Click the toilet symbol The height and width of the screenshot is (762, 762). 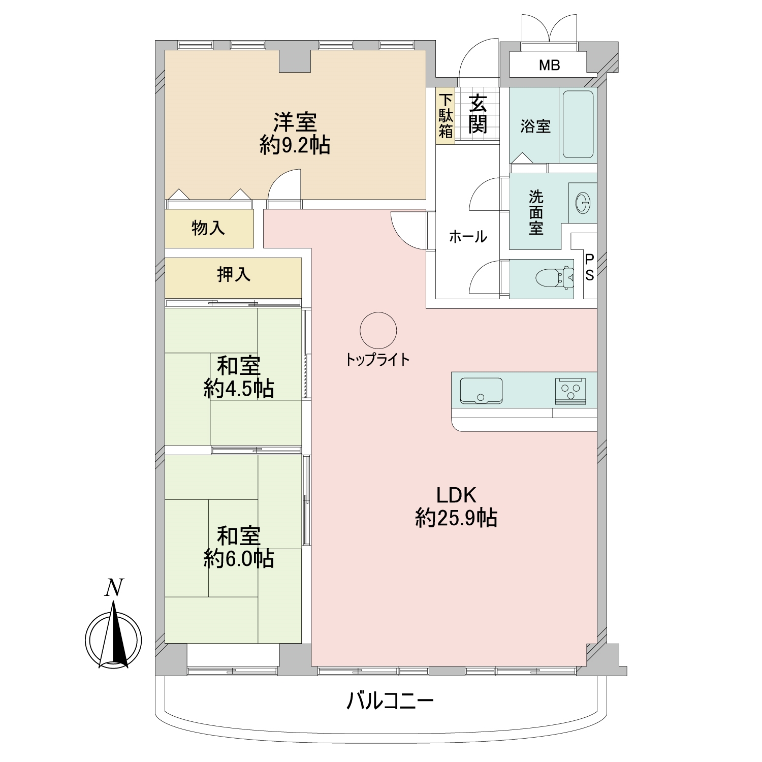coord(555,277)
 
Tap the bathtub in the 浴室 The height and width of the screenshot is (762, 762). coord(579,124)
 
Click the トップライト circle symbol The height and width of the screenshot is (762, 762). coord(378,330)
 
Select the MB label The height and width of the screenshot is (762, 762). coord(550,65)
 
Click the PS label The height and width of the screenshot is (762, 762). coord(589,268)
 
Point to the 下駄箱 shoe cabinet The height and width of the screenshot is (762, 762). coord(446,116)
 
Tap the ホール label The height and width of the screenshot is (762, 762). coord(468,236)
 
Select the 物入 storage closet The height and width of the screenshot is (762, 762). coord(209,229)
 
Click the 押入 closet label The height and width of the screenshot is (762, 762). coord(234,275)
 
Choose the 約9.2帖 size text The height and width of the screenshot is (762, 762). coord(295,146)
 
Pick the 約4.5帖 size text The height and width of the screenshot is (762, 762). coord(239,389)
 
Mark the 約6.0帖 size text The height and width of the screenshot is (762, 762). coord(239,559)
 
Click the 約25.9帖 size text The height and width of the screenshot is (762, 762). coord(456,518)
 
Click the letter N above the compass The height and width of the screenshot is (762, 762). coord(114,588)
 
